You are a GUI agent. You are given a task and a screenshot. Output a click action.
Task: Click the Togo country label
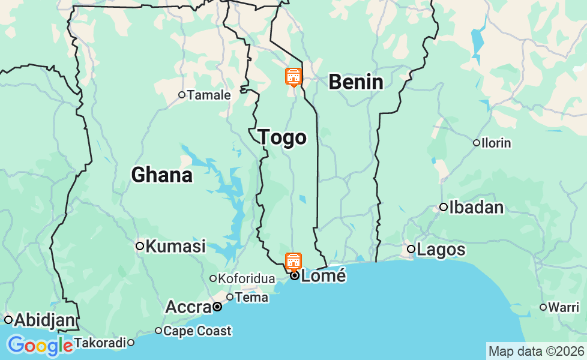(282, 137)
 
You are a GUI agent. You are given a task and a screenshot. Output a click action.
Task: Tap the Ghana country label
(161, 175)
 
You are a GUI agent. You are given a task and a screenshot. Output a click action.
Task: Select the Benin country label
(356, 82)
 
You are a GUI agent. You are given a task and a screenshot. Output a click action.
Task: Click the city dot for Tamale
(182, 95)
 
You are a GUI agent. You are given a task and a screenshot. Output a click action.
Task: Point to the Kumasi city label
(175, 246)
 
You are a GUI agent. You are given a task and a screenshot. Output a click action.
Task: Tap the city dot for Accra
(217, 307)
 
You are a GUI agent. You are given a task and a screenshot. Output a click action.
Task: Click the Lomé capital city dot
(295, 276)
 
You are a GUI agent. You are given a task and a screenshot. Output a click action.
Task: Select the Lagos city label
(441, 250)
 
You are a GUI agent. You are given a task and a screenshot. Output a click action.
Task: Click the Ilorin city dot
(477, 143)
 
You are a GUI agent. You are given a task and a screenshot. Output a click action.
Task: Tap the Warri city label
(564, 307)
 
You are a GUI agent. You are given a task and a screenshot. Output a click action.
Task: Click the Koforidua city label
(246, 278)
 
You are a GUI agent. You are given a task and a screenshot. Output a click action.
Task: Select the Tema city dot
(230, 297)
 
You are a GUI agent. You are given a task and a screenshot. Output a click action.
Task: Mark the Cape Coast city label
(197, 331)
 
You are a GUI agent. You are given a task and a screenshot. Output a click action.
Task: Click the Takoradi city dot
(130, 343)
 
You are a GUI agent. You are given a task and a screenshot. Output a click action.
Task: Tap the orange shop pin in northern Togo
(293, 77)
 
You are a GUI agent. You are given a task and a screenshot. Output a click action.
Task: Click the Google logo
(40, 346)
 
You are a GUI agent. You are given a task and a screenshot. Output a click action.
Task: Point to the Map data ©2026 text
(536, 351)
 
